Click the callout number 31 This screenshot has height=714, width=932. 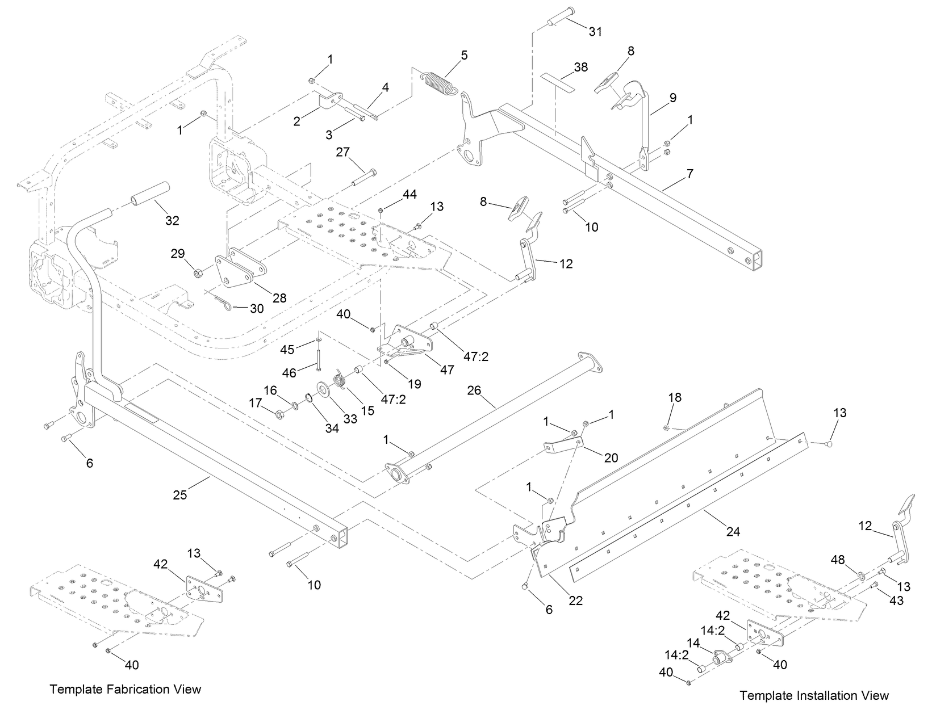click(595, 32)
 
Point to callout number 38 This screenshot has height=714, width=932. click(580, 67)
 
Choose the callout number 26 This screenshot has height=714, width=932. click(474, 390)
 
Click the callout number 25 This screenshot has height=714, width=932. click(179, 495)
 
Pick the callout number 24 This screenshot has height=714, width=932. click(733, 531)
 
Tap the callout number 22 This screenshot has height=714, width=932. click(576, 601)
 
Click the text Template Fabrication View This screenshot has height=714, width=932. click(126, 689)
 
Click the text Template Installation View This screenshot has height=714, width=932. click(814, 695)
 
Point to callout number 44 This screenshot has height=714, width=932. click(409, 195)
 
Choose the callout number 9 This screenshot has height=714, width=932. click(672, 98)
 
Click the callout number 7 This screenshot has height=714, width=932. click(689, 174)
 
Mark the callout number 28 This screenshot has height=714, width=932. click(279, 297)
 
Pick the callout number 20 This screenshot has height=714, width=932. click(611, 457)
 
